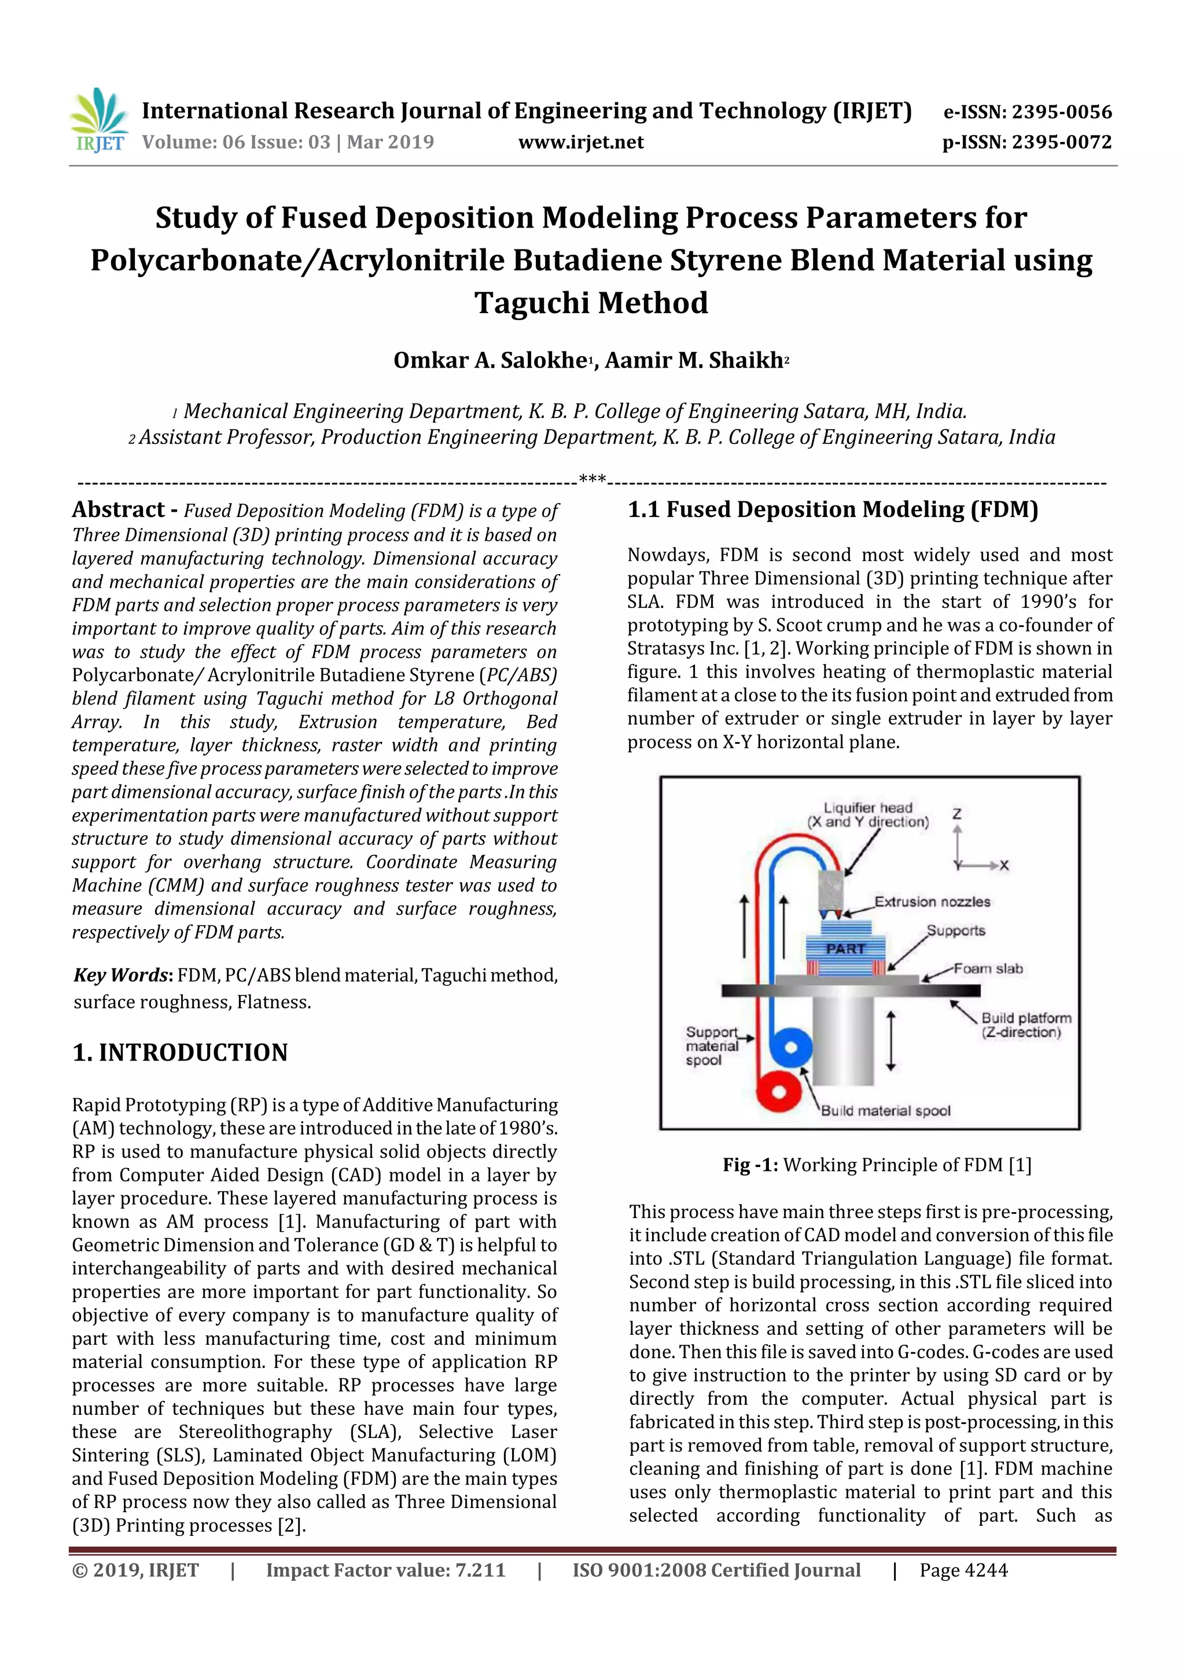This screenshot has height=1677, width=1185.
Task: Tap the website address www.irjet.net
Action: [580, 142]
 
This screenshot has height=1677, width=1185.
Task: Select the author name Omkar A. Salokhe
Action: [491, 360]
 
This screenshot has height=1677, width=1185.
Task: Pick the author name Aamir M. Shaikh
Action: [694, 360]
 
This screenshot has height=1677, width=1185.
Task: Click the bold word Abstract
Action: [118, 510]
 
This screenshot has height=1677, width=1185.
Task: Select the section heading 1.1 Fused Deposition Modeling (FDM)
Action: [833, 510]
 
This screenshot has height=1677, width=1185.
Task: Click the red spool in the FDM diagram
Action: [778, 1092]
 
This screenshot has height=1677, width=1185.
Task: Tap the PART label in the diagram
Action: [845, 948]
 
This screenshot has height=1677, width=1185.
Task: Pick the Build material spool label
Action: [886, 1111]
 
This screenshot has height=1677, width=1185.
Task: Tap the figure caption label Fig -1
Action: [750, 1165]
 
